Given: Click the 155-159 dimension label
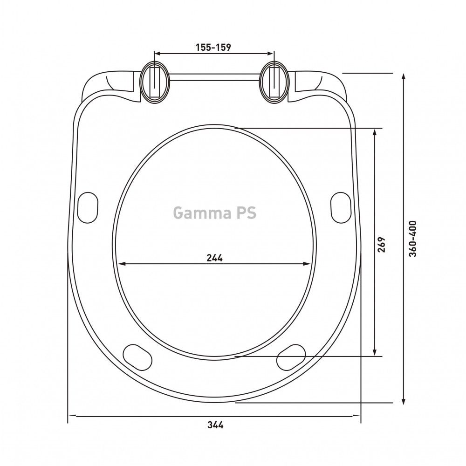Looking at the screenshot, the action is [x=213, y=47].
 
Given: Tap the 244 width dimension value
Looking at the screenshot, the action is [x=214, y=258].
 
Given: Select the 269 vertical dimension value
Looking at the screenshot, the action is [x=381, y=244].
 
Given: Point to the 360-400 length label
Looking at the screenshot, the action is [x=413, y=239].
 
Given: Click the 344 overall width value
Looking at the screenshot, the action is [x=215, y=425].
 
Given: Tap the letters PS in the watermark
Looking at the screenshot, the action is [x=246, y=213].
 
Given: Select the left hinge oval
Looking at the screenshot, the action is [x=155, y=82].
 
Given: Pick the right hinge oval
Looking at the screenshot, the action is [x=274, y=82].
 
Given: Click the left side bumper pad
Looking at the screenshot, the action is [x=88, y=207].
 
